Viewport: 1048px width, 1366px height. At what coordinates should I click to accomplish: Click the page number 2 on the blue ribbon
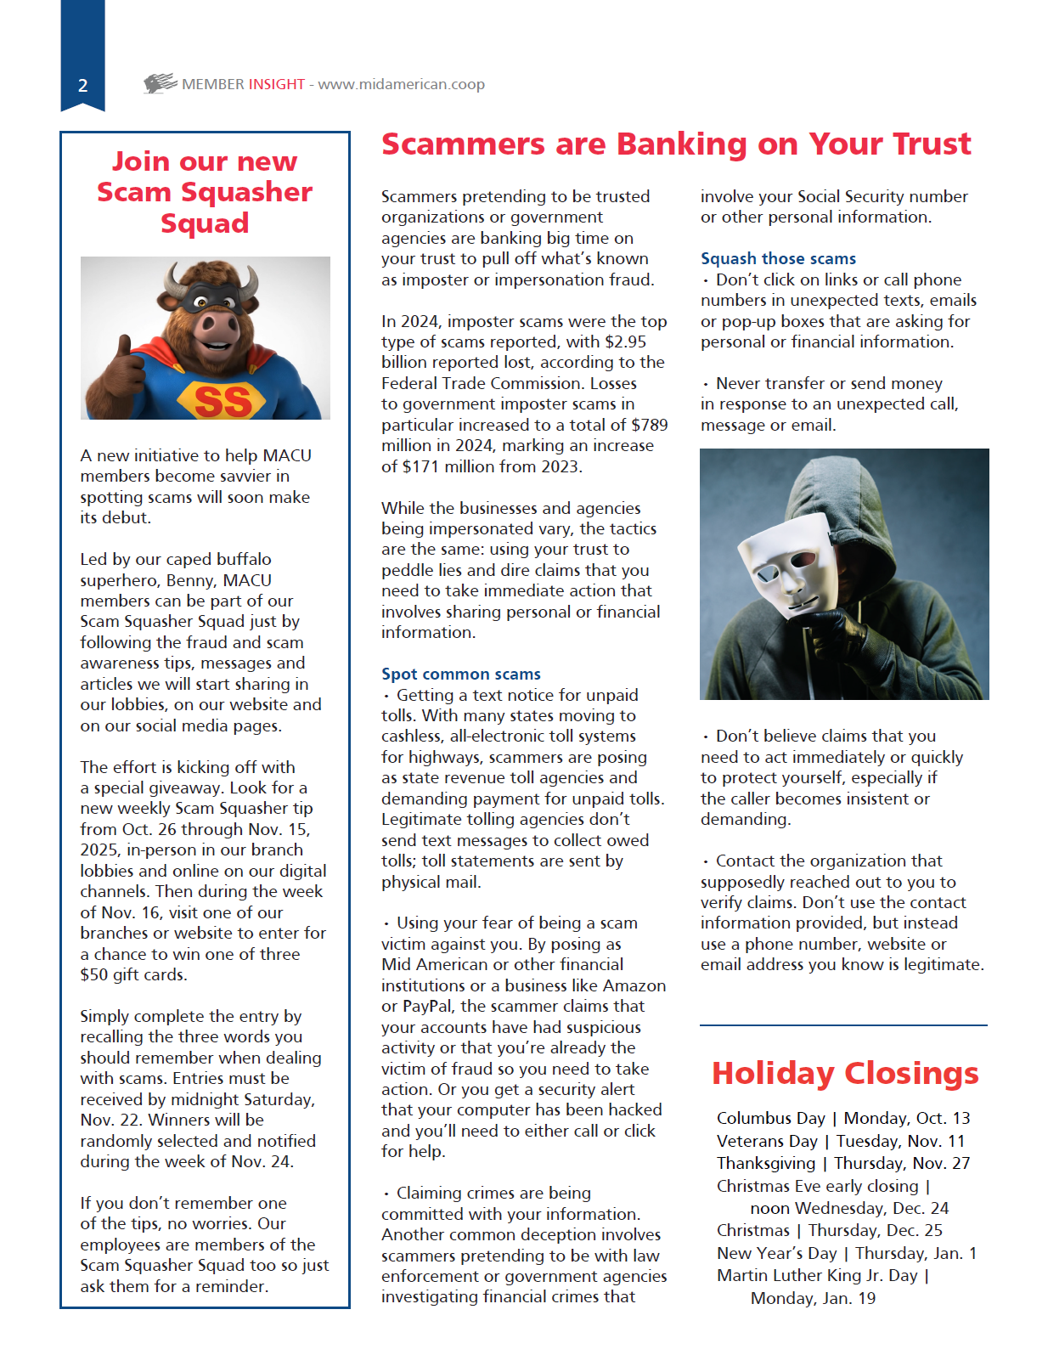[82, 85]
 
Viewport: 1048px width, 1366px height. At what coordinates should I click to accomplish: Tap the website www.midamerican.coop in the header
[401, 84]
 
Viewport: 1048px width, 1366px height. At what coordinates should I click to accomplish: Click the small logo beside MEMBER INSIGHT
[160, 83]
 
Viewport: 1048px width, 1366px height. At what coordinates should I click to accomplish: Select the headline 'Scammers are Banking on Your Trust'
[675, 144]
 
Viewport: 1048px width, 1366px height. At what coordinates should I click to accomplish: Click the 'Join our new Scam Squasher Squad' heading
[205, 192]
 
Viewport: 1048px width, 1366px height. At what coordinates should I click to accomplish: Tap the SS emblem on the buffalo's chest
[223, 401]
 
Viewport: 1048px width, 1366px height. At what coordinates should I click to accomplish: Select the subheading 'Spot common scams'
[460, 674]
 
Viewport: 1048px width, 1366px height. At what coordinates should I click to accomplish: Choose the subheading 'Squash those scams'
[778, 258]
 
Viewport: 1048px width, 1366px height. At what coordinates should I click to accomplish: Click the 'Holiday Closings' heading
[844, 1073]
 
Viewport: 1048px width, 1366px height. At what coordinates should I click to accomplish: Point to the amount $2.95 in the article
[625, 341]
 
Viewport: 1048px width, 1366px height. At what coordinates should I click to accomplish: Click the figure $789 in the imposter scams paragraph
[649, 425]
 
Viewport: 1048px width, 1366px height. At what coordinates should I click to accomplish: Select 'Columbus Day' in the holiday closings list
[770, 1118]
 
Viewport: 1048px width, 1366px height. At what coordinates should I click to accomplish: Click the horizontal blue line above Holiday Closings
[843, 1025]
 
